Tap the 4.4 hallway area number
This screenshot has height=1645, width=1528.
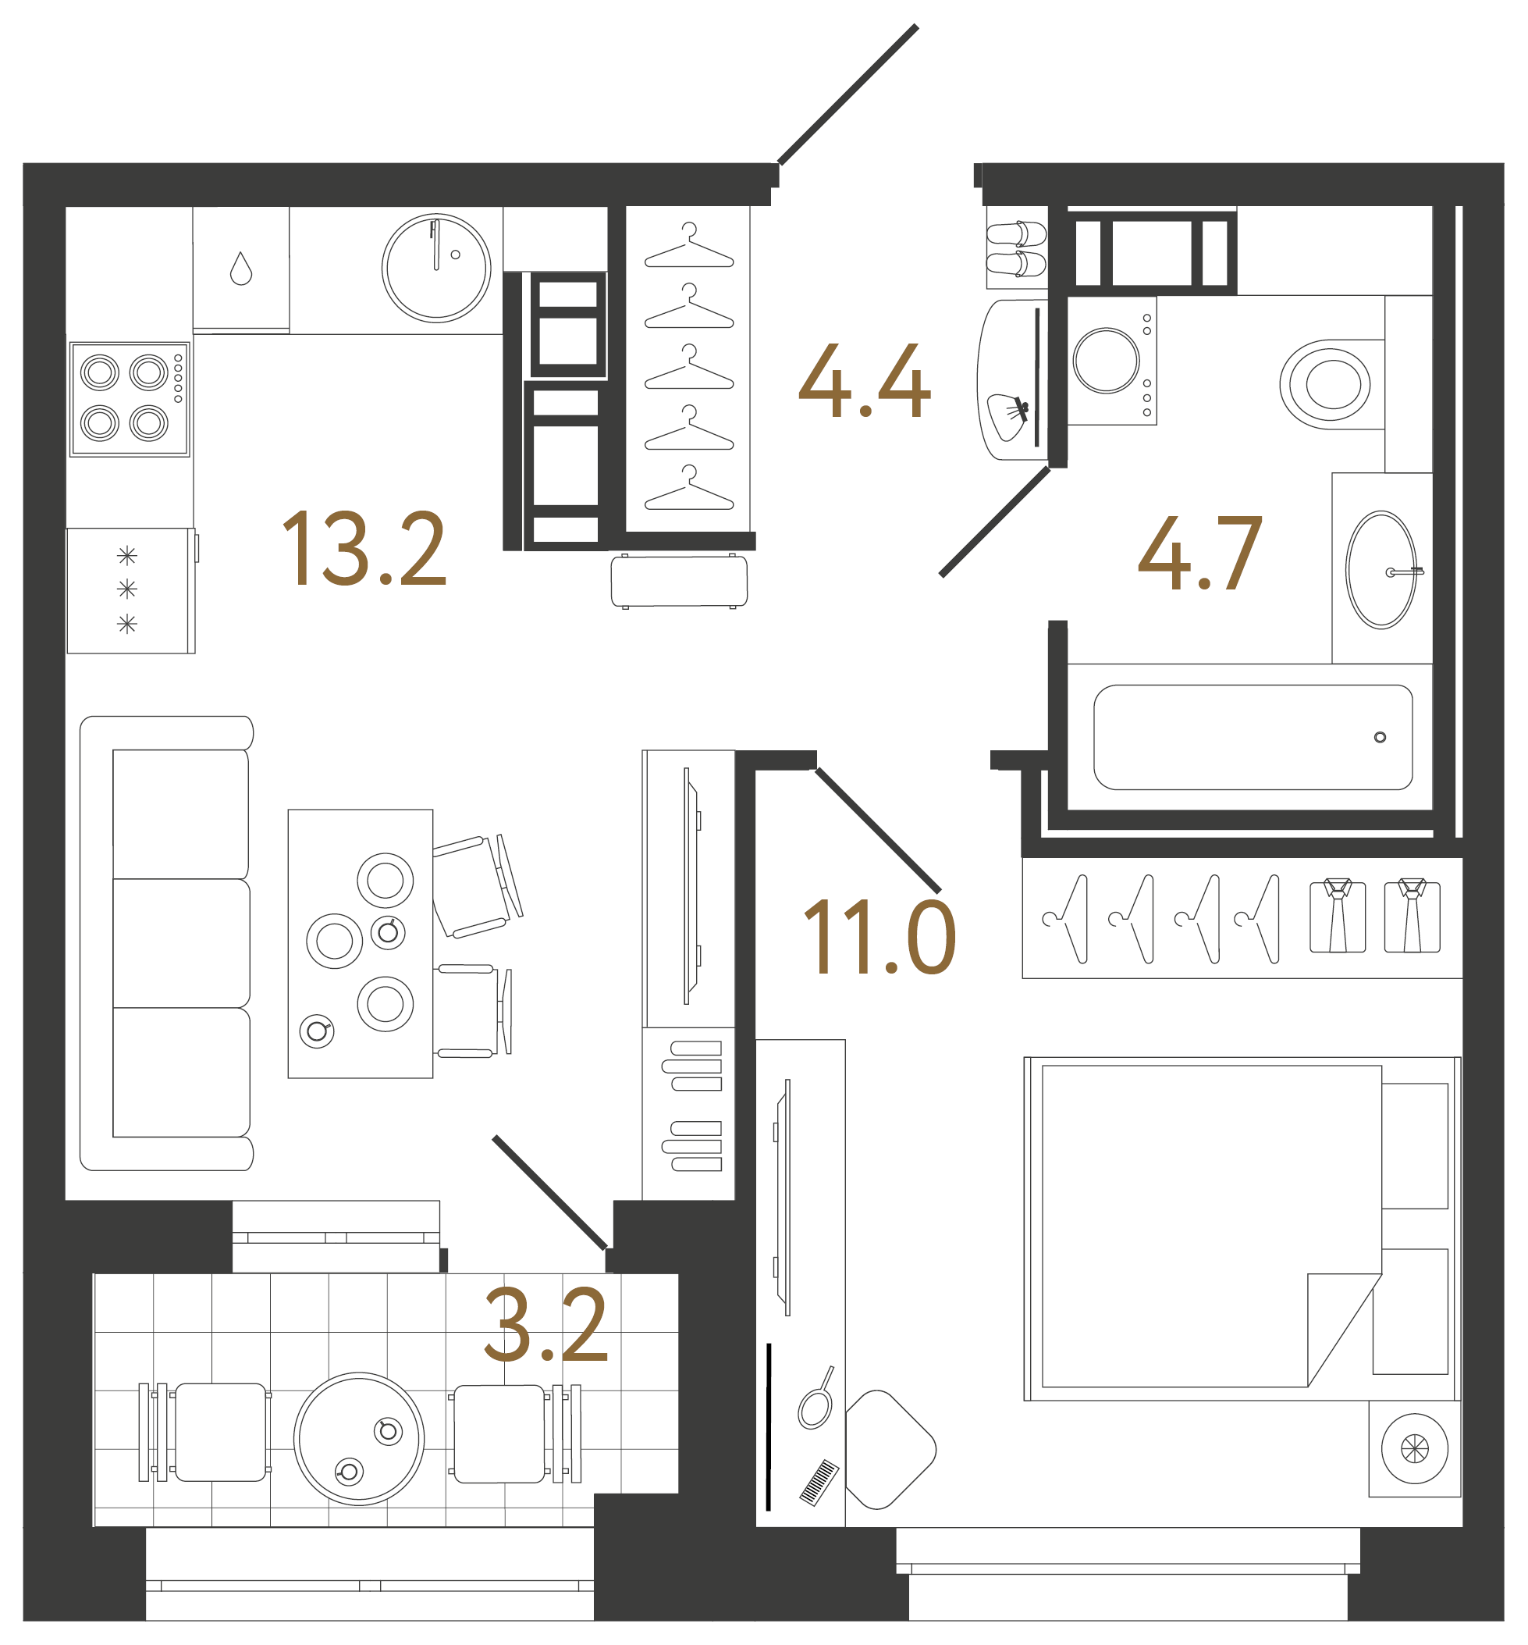tap(864, 381)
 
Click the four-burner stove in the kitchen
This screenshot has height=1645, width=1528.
tap(130, 399)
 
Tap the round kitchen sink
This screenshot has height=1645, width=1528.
tap(435, 268)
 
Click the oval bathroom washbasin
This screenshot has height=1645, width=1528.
tap(1380, 570)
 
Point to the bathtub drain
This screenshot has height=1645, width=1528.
tap(1380, 737)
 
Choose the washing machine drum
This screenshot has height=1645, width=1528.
tap(1107, 361)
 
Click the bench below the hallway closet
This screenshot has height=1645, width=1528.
tap(679, 582)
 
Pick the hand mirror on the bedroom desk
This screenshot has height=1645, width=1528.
tap(816, 1407)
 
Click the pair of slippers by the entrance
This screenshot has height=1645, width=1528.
tap(1016, 249)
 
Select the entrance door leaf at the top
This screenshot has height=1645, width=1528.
tap(848, 94)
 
